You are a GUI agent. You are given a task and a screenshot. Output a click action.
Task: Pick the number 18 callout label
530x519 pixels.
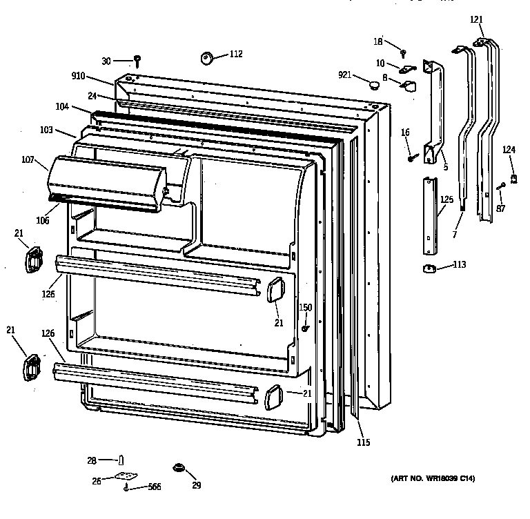[377, 42]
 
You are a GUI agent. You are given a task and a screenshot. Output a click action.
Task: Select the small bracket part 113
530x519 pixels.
[429, 268]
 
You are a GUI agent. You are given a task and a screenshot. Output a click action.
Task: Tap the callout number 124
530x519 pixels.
[509, 150]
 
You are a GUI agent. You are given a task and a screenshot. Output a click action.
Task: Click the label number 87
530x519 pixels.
[500, 208]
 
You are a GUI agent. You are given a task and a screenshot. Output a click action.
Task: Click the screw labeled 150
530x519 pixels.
[304, 328]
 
